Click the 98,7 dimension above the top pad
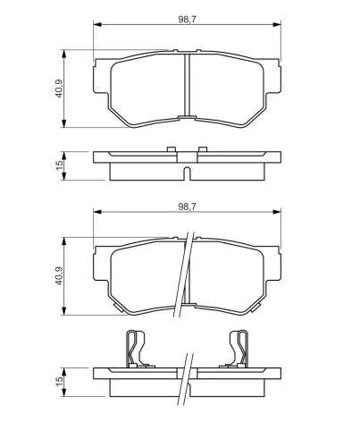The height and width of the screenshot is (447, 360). tap(188, 19)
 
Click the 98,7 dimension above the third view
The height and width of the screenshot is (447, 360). tap(188, 207)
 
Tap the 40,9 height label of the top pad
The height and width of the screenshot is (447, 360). tap(59, 89)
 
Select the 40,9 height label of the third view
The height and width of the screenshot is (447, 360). tap(59, 275)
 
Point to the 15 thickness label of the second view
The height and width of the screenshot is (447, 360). tap(59, 165)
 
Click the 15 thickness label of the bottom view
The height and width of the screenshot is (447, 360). tap(59, 382)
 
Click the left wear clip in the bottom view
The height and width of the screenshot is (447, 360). tap(137, 349)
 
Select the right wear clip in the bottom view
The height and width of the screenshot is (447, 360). tap(238, 349)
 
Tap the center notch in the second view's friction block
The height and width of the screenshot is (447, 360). tap(187, 173)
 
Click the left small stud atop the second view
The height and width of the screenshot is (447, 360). tap(172, 149)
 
